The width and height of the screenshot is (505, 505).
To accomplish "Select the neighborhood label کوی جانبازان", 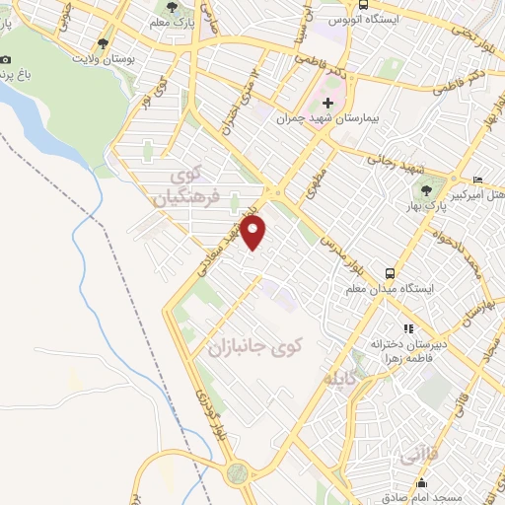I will pyautogui.click(x=252, y=347).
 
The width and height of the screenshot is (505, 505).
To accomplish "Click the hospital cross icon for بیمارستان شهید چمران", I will pyautogui.click(x=328, y=104).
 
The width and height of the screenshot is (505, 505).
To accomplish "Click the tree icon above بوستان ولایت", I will pyautogui.click(x=104, y=43).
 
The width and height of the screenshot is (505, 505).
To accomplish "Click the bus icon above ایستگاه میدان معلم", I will pyautogui.click(x=392, y=271).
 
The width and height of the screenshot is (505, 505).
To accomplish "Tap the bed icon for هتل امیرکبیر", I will pyautogui.click(x=477, y=180).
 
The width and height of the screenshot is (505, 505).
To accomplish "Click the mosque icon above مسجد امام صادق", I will pyautogui.click(x=422, y=482).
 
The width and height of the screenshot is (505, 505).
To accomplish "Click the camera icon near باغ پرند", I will pyautogui.click(x=8, y=60).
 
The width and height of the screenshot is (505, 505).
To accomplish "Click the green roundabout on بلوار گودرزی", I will pyautogui.click(x=237, y=472).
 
